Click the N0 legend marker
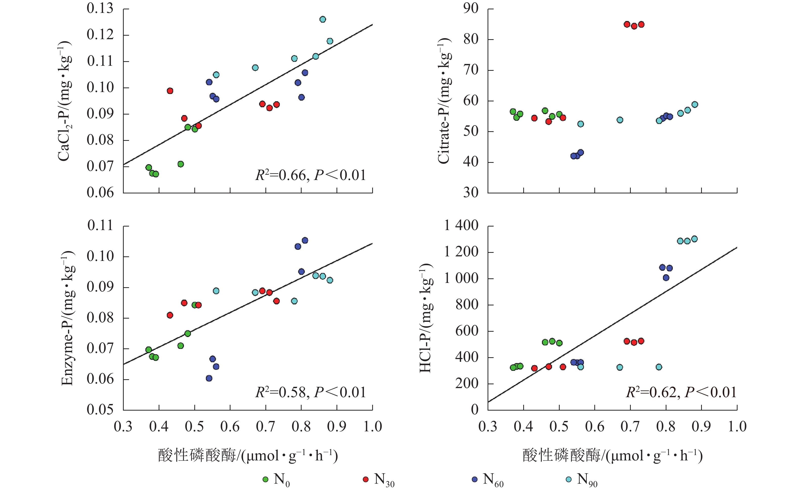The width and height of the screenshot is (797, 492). point(265,479)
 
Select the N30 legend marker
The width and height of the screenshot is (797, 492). point(366,479)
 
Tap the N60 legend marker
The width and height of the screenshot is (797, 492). point(475,479)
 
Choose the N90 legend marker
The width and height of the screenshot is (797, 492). point(569,479)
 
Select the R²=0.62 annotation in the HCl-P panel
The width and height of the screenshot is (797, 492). point(681,392)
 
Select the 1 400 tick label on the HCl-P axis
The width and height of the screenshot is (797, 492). point(461,226)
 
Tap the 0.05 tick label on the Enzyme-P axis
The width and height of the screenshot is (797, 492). point(100,410)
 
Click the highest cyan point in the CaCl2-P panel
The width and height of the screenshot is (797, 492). point(323,19)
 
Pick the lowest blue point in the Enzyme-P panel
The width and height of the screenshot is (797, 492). point(209,378)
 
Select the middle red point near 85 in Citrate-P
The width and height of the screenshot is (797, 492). point(634,26)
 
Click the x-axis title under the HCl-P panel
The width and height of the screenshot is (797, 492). point(612,456)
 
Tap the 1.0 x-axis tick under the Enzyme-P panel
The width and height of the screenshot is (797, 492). point(372,427)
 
